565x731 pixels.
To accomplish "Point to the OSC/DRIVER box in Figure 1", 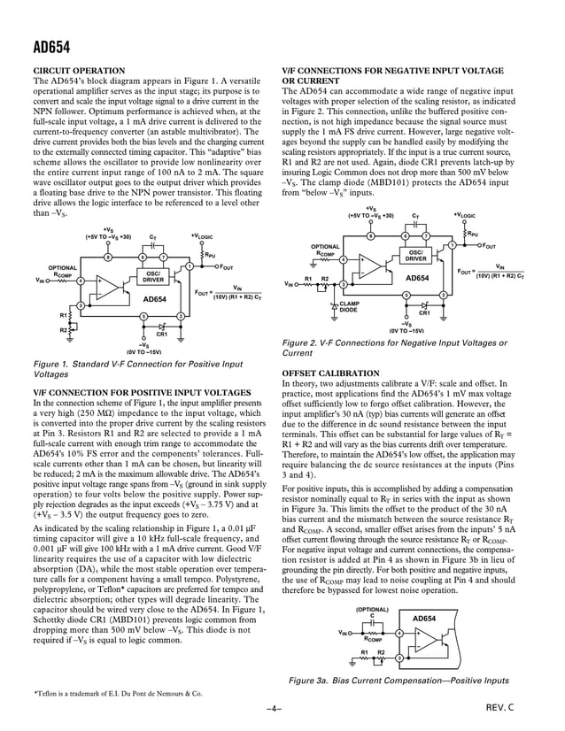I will point(152,277).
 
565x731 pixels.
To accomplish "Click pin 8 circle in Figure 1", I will point(107,257).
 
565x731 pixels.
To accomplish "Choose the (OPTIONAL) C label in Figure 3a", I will point(372,612).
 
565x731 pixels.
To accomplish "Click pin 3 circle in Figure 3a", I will point(399,658).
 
